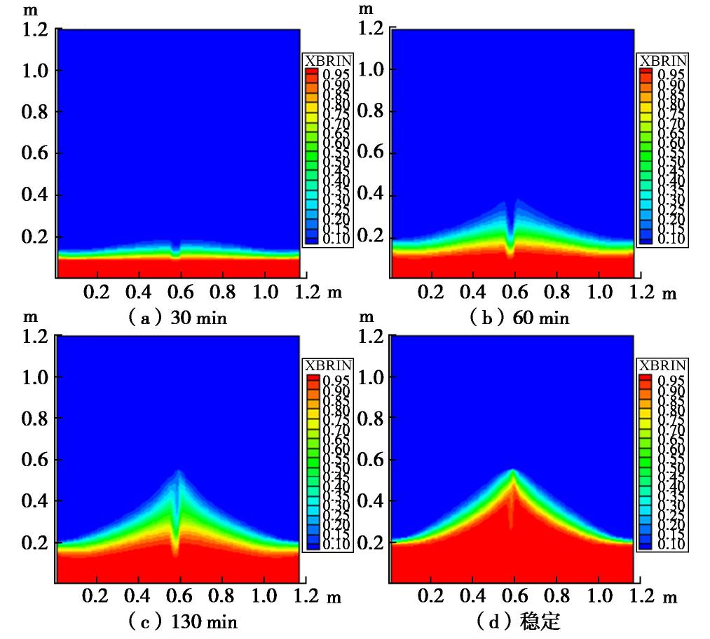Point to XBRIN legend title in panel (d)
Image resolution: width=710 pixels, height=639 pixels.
click(663, 366)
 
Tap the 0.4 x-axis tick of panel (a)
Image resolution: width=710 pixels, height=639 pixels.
click(138, 291)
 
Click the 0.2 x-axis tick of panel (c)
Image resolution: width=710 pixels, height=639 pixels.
click(96, 597)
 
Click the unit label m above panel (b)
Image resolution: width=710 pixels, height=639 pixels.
click(365, 9)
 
